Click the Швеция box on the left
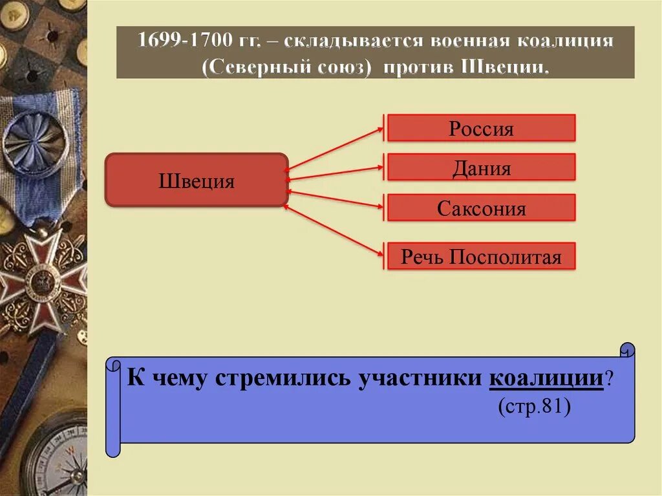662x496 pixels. pyautogui.click(x=196, y=180)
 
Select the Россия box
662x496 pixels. pyautogui.click(x=481, y=128)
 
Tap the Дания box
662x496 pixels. pyautogui.click(x=481, y=167)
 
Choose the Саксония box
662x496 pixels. pyautogui.click(x=481, y=208)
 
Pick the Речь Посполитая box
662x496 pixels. pyautogui.click(x=481, y=256)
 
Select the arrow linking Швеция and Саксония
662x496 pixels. pyautogui.click(x=334, y=199)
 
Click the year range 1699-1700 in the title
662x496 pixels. pyautogui.click(x=184, y=42)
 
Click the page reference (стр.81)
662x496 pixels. pyautogui.click(x=533, y=408)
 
